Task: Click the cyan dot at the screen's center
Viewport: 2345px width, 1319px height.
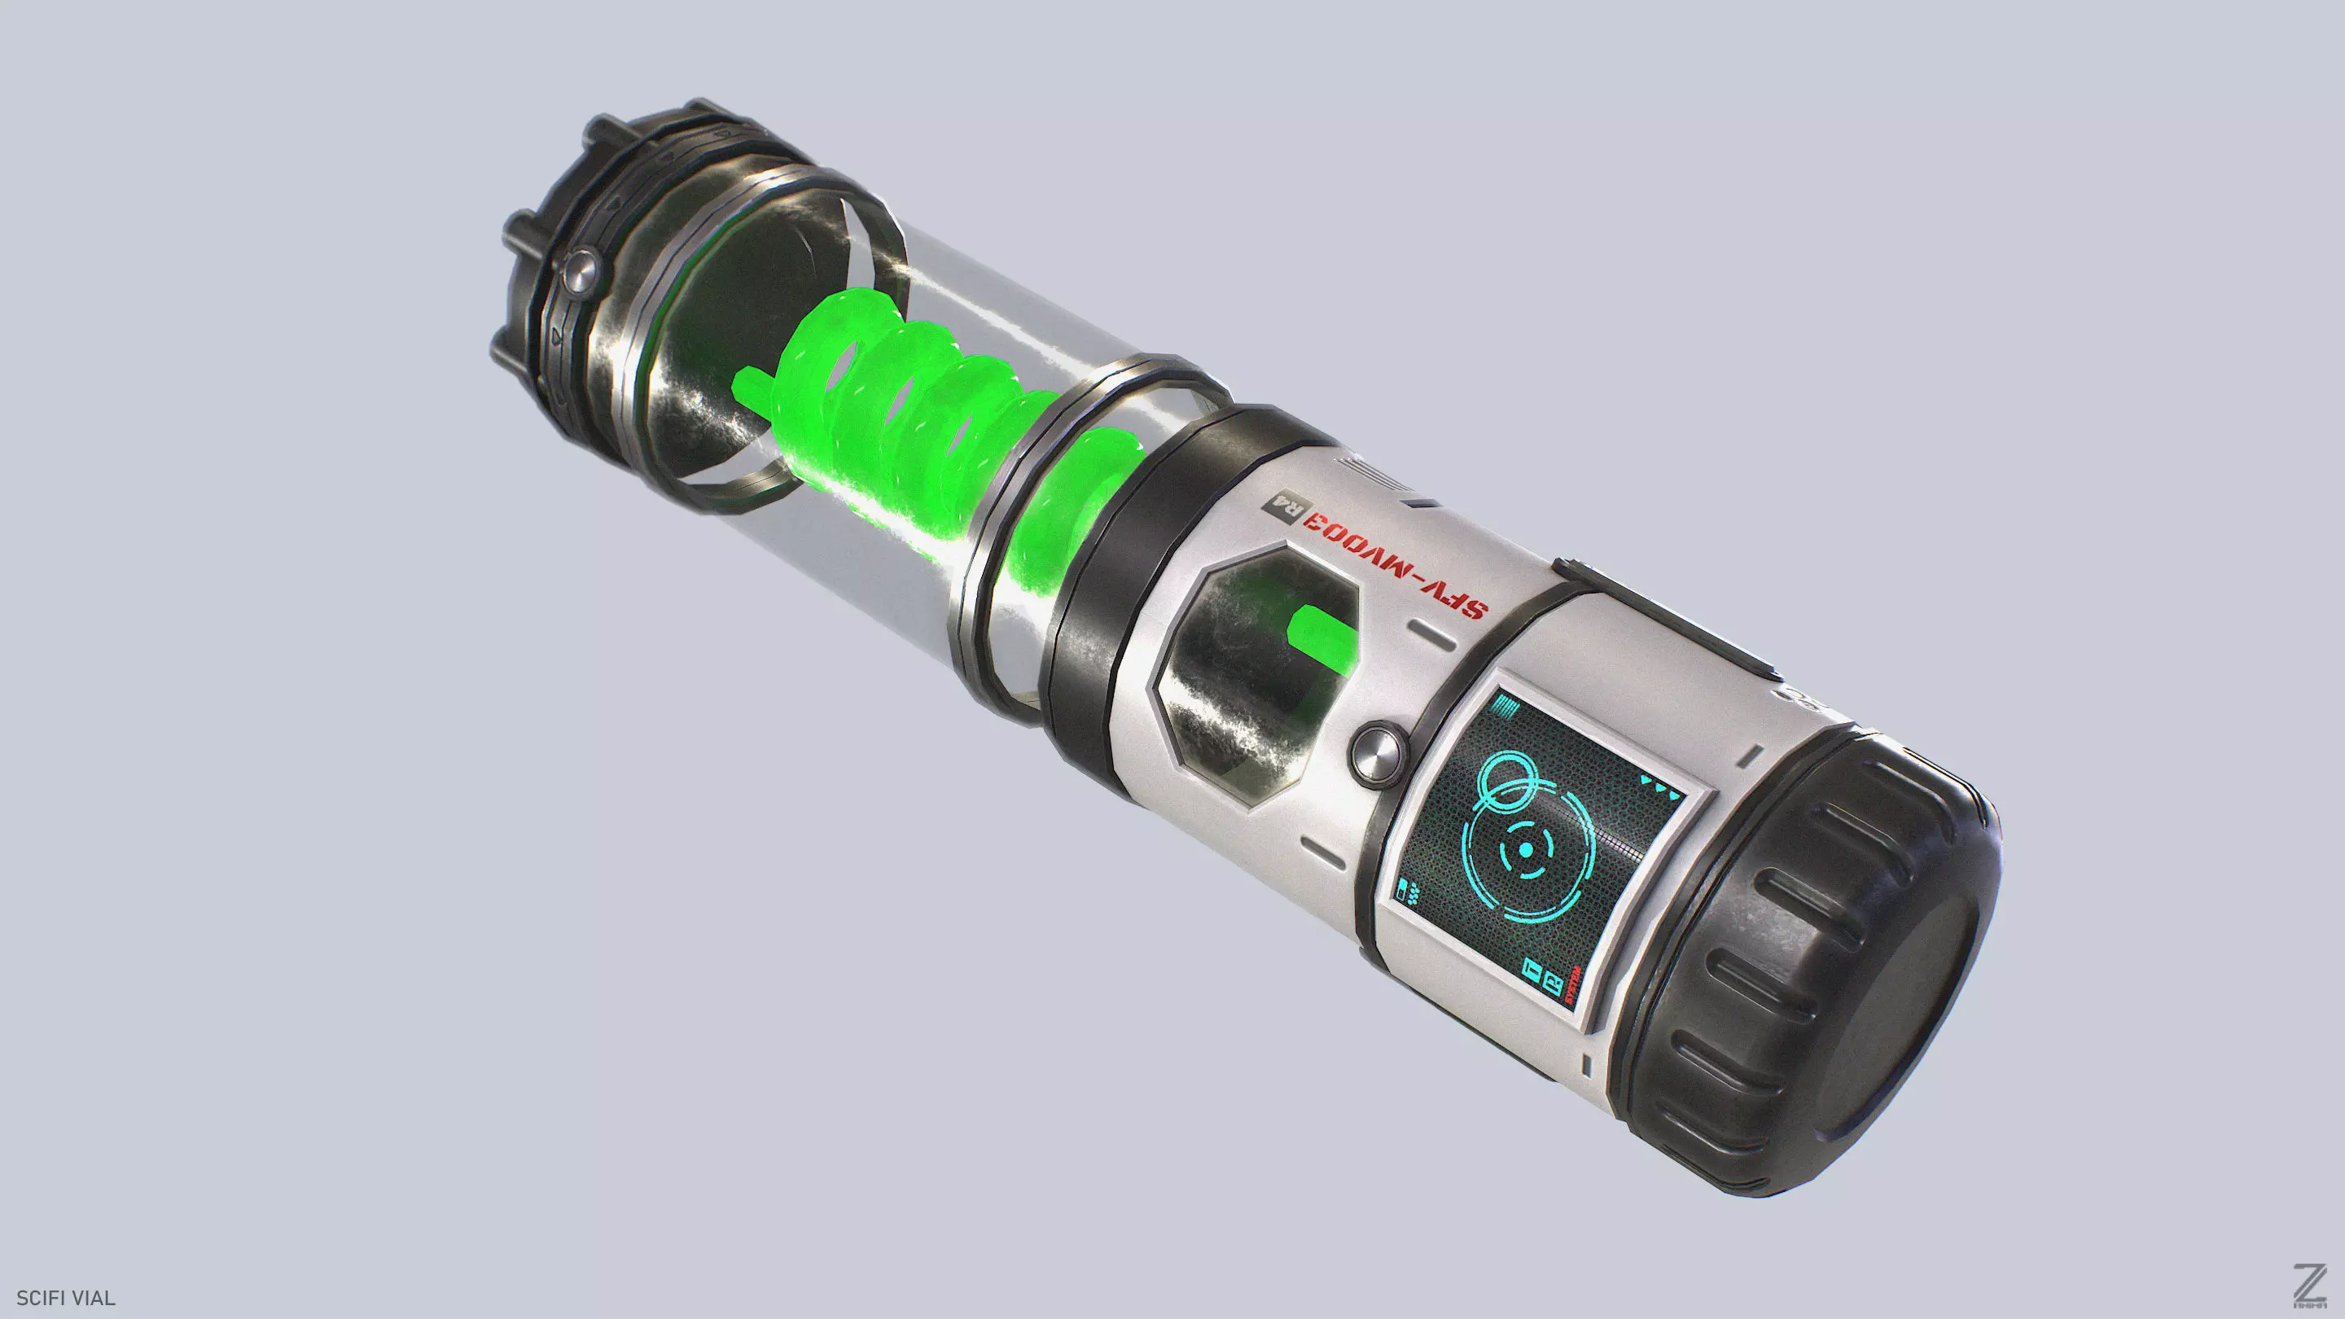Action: click(1525, 849)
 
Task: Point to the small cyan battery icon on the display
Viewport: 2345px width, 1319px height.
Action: click(1403, 888)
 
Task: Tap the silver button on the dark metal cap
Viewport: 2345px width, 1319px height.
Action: click(579, 269)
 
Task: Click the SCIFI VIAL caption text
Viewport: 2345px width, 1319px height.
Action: click(65, 1298)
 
